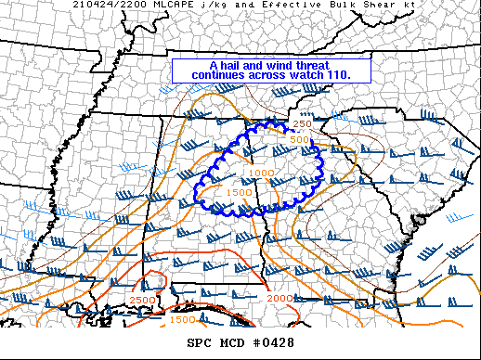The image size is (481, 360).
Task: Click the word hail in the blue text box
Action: (234, 66)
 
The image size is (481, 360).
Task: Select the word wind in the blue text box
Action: (282, 66)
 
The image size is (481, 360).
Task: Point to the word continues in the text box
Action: (221, 74)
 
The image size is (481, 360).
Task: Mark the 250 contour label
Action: (303, 124)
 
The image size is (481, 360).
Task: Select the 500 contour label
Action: (298, 140)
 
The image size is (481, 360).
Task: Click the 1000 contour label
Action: (261, 174)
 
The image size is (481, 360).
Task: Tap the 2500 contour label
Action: (142, 300)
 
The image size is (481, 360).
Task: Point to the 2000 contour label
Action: (279, 298)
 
